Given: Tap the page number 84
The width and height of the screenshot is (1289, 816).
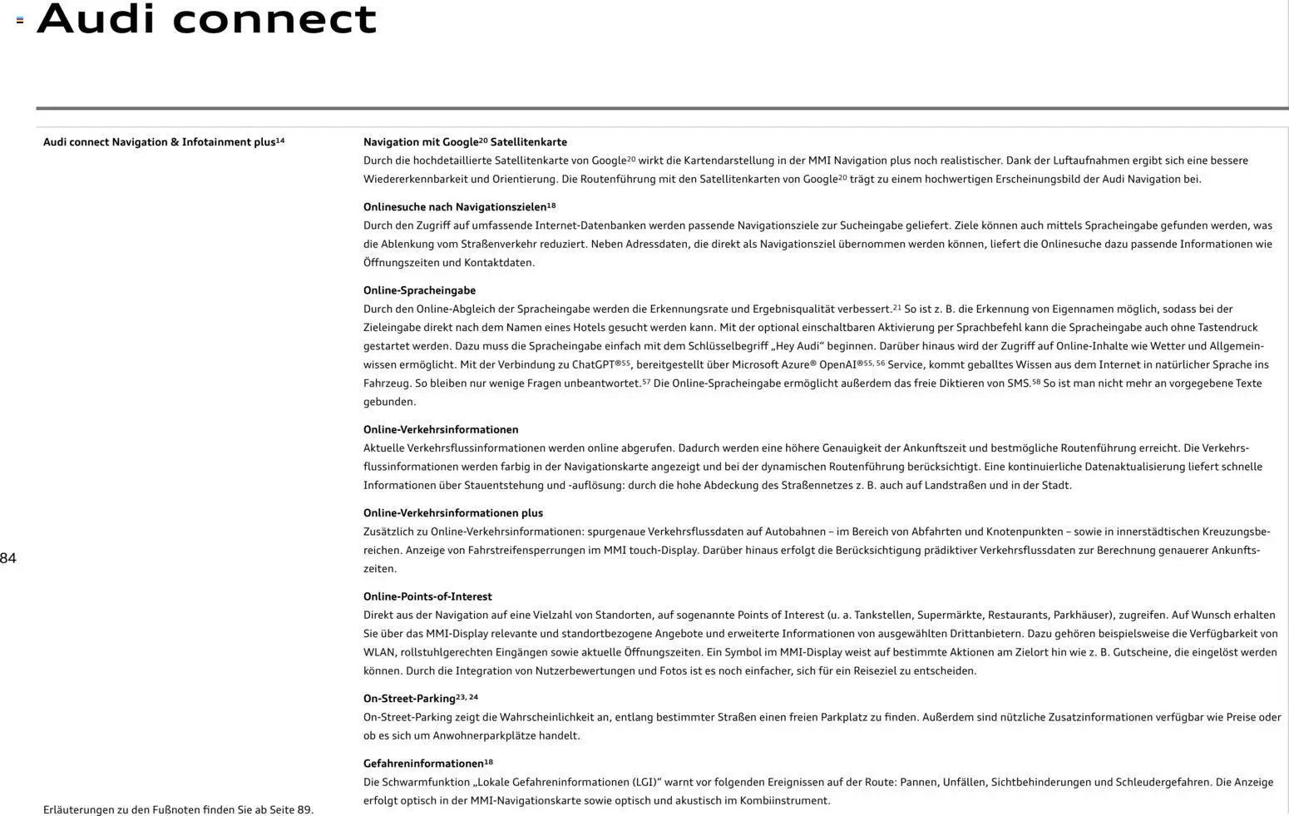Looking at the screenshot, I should coord(8,558).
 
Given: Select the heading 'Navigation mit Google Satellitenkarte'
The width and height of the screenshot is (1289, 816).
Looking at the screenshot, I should coord(465,142).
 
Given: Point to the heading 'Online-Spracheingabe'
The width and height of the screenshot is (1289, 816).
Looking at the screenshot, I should coord(419,290).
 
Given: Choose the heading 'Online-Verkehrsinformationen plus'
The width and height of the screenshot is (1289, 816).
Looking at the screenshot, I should coord(452,513).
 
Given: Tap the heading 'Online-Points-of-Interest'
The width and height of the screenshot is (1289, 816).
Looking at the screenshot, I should coord(427,596).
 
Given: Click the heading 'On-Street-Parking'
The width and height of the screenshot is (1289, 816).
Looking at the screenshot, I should coord(409,699).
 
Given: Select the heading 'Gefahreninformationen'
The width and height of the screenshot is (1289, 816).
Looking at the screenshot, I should coord(423,764).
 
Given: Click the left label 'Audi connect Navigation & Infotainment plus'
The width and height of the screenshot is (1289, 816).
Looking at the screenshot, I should coord(159,142).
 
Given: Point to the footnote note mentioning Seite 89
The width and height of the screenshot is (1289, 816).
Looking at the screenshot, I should coord(178,809).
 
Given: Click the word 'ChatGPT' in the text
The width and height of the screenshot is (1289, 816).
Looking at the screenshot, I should coord(593,365).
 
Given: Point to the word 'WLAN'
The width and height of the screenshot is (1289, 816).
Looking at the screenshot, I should coord(379,652).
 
